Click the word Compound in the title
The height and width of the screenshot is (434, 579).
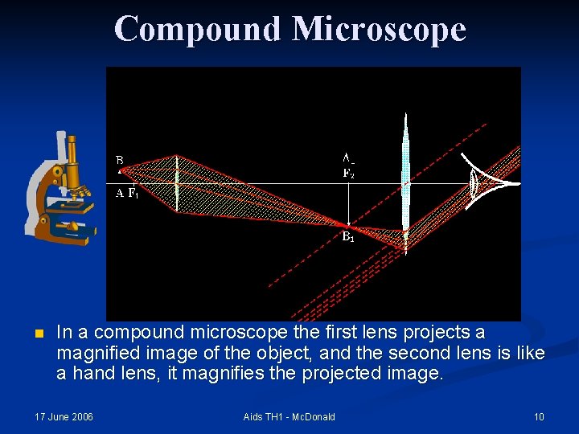(x=198, y=30)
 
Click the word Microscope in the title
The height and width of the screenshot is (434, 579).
(x=379, y=30)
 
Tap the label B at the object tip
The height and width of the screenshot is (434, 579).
(x=119, y=159)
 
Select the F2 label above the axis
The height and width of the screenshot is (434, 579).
(x=348, y=173)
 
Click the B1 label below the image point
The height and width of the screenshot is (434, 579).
(x=348, y=236)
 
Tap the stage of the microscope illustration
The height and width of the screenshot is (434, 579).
(x=72, y=207)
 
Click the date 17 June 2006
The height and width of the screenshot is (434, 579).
(x=64, y=416)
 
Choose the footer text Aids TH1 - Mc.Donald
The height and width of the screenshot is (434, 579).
(x=289, y=416)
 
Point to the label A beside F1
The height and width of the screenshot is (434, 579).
(x=119, y=194)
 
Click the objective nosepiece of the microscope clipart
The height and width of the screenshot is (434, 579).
(x=77, y=189)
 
